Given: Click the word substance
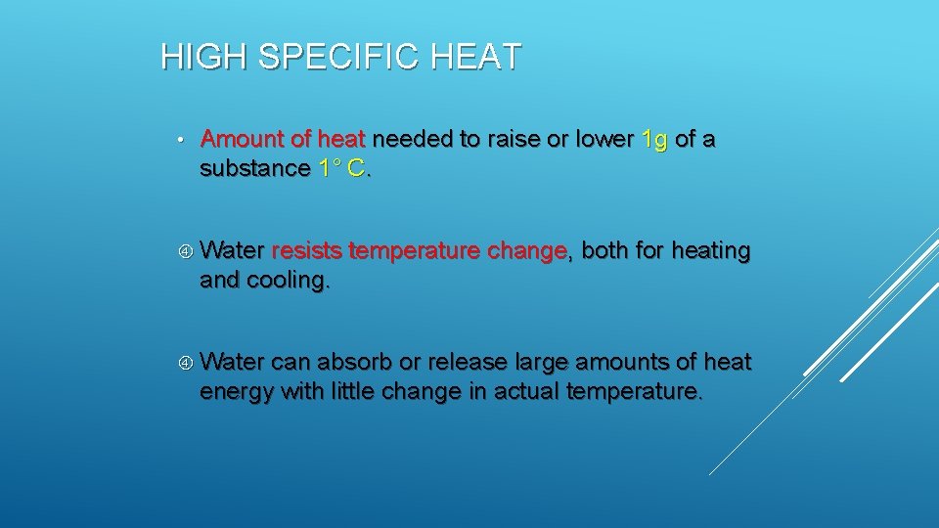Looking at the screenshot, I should pos(254,168).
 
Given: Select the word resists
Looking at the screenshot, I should pos(306,251).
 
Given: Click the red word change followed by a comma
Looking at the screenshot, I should pos(526,251).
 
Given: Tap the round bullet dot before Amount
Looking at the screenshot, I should pos(182,141).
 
